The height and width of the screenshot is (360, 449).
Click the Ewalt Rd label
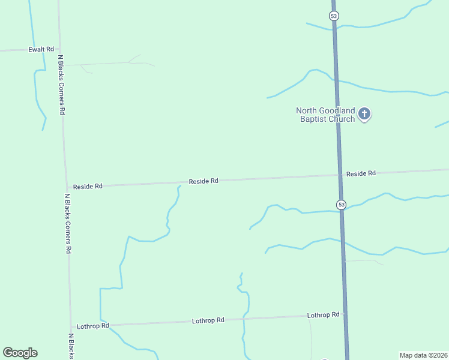[41, 49]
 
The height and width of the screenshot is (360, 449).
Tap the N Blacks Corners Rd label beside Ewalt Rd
[61, 85]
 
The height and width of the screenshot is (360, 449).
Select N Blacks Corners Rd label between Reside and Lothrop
[68, 223]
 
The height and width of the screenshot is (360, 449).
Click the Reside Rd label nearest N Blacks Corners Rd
[88, 187]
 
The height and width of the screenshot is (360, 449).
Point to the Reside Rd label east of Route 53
[361, 173]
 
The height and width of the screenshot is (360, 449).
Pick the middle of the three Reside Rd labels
[203, 181]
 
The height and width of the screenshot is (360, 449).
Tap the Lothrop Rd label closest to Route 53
[323, 315]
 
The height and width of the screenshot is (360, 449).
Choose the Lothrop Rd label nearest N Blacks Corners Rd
[92, 326]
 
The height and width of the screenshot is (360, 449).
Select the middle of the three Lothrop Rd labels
[208, 320]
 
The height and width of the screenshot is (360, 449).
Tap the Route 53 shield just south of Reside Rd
[341, 205]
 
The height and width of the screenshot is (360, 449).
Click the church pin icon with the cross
[364, 113]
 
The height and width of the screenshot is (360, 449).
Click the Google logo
[20, 353]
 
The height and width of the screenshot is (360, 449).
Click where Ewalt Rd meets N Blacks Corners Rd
[59, 50]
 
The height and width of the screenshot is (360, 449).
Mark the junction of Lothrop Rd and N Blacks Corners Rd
[71, 326]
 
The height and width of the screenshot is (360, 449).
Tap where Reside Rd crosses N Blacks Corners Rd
[67, 187]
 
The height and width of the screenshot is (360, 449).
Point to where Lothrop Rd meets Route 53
[345, 314]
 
